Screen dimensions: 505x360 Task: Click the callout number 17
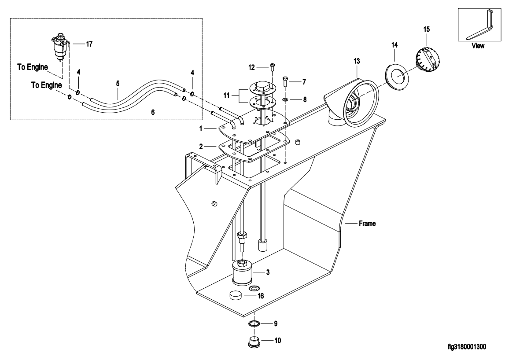pyautogui.click(x=89, y=44)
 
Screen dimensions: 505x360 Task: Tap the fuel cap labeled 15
pyautogui.click(x=426, y=59)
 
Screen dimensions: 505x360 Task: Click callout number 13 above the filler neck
pyautogui.click(x=357, y=61)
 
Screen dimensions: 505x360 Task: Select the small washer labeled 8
pyautogui.click(x=285, y=100)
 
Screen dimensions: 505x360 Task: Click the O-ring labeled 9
pyautogui.click(x=254, y=323)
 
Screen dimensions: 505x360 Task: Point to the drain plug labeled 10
pyautogui.click(x=254, y=342)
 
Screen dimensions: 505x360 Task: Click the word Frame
pyautogui.click(x=367, y=223)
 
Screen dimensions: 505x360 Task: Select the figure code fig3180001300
pyautogui.click(x=467, y=347)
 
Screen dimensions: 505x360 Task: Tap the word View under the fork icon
pyautogui.click(x=478, y=46)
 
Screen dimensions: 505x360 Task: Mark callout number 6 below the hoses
pyautogui.click(x=153, y=112)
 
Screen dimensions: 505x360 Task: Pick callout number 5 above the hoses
pyautogui.click(x=118, y=84)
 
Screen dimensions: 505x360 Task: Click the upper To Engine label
pyautogui.click(x=33, y=67)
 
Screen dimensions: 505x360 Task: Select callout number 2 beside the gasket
pyautogui.click(x=201, y=147)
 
